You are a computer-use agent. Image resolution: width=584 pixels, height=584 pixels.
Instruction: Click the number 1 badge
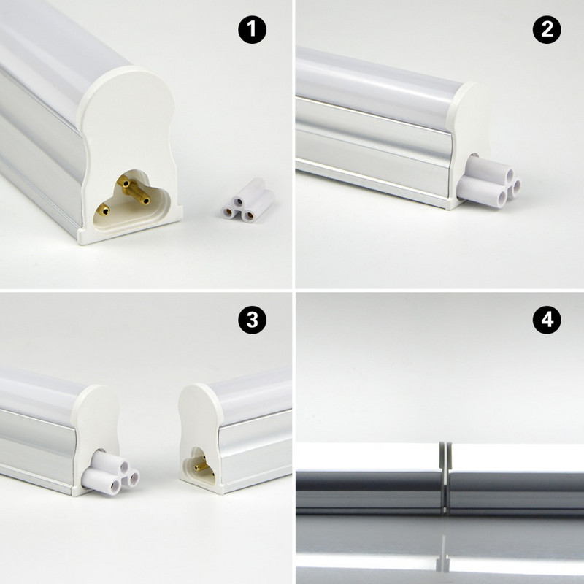[253, 31]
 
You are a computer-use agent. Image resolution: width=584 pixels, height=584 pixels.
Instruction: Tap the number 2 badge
[546, 31]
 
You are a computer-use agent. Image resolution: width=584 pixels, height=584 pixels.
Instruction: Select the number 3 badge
[253, 320]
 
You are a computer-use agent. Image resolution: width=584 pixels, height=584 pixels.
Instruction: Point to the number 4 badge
[546, 320]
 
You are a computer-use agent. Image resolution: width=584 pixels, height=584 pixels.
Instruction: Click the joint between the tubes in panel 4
[443, 474]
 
